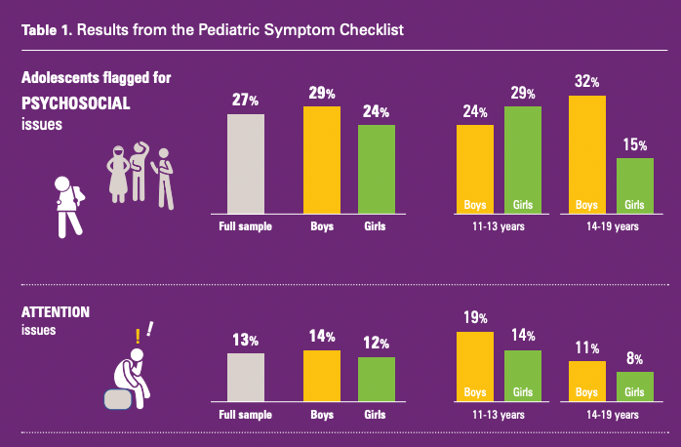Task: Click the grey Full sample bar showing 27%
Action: click(x=246, y=163)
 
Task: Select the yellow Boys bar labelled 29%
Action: click(x=321, y=159)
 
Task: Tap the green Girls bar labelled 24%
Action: click(x=376, y=168)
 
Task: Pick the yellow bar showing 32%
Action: click(x=587, y=153)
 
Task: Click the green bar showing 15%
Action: click(x=634, y=185)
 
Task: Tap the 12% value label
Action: click(x=377, y=344)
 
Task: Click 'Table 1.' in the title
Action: click(x=46, y=29)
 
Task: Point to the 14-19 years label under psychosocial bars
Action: click(x=611, y=227)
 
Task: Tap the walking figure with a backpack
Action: click(x=68, y=205)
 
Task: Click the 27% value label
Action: click(x=245, y=100)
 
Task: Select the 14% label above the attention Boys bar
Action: click(x=321, y=337)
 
